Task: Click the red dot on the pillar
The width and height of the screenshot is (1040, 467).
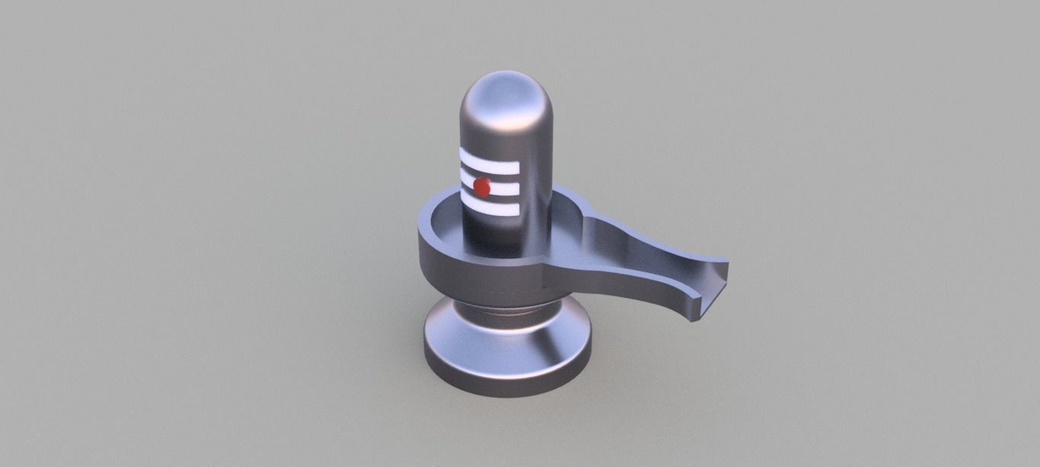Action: [x=481, y=186]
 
